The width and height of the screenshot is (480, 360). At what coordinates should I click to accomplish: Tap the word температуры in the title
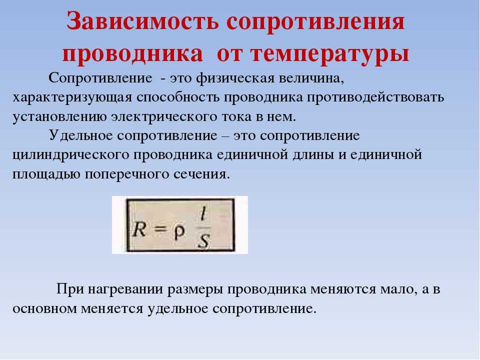click(x=329, y=54)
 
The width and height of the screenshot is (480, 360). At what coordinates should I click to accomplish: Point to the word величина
click(x=311, y=78)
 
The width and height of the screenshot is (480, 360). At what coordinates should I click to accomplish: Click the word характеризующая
click(x=72, y=98)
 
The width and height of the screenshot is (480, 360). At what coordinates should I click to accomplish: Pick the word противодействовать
click(x=375, y=97)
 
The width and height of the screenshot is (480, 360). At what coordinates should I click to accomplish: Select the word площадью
click(x=46, y=174)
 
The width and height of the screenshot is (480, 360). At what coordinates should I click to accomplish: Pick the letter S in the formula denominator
click(x=203, y=241)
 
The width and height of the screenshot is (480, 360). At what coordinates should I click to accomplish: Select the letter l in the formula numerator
click(x=203, y=215)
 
